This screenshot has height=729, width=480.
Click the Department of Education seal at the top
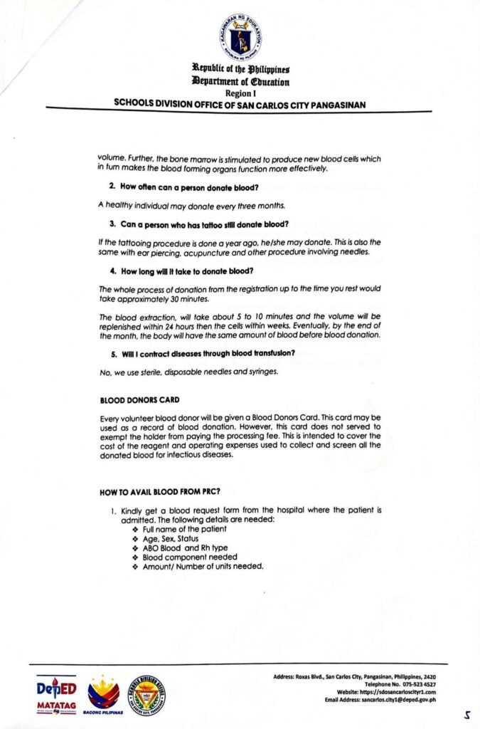[x=240, y=37]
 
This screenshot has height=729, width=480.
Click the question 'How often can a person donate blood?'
[x=188, y=187]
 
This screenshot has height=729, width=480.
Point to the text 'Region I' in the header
[x=240, y=93]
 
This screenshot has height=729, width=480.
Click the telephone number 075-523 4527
[x=416, y=683]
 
